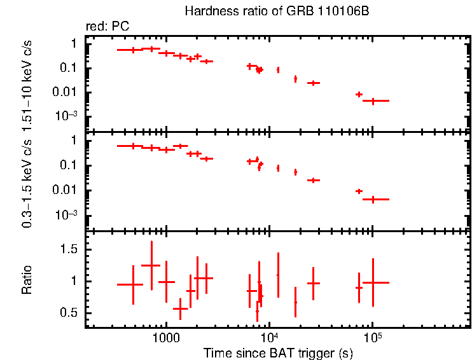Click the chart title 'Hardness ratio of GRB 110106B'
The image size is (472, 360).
point(277,11)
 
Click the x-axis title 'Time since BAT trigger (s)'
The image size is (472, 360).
point(278,352)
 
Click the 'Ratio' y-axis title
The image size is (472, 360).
point(27,280)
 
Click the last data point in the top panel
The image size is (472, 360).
point(373,100)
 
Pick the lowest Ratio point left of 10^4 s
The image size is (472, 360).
point(257,312)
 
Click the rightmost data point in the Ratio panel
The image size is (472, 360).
point(373,282)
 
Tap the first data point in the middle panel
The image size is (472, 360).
point(133,146)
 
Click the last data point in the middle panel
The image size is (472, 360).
point(373,199)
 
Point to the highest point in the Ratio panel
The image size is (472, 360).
point(151,265)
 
